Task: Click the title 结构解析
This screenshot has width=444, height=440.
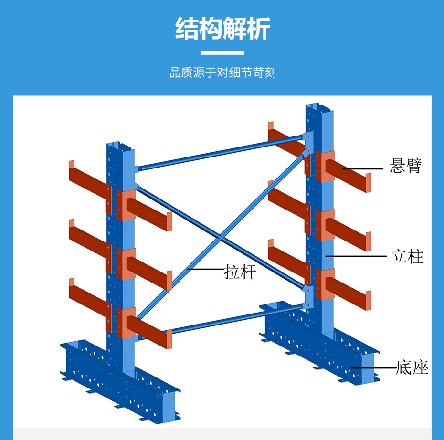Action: [x=222, y=29]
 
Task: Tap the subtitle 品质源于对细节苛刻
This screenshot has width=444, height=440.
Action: [x=222, y=73]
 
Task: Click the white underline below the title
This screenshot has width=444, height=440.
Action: [x=222, y=52]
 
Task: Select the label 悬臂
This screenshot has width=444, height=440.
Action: [x=405, y=166]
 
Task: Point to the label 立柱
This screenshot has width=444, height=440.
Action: [x=407, y=256]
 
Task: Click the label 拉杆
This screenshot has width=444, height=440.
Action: [x=240, y=272]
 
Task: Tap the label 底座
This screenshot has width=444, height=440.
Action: [x=412, y=367]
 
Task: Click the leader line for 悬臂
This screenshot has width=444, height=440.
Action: [x=362, y=168]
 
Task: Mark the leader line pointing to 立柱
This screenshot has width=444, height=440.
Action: [x=356, y=256]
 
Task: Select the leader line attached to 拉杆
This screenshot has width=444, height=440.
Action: [x=205, y=269]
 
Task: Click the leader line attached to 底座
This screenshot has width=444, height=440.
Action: [x=373, y=368]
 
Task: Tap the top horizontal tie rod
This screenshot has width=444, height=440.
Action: [x=220, y=153]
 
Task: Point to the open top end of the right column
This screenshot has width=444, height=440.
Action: [x=319, y=107]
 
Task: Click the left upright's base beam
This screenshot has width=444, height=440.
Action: [x=120, y=381]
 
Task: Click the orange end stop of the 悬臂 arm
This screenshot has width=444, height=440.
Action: [x=368, y=183]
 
